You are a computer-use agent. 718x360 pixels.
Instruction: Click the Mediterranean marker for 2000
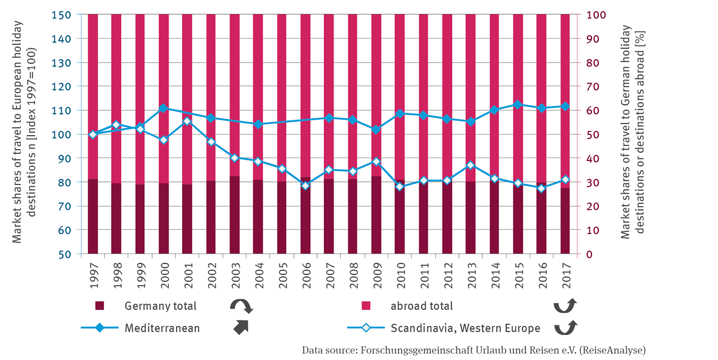coord(164,108)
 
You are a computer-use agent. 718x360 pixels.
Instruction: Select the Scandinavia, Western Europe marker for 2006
coord(305,186)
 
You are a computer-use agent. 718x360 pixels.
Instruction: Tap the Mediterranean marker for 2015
coord(518,105)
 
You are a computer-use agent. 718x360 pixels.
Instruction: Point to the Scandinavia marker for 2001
coord(187,121)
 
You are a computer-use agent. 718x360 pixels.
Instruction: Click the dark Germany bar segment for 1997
coord(93,216)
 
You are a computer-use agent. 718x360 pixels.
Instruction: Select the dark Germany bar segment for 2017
coord(565,221)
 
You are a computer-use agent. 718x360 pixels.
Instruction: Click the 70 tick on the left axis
coord(63,206)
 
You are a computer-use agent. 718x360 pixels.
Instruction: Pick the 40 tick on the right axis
coord(593,158)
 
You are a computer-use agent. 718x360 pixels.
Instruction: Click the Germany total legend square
coord(99,306)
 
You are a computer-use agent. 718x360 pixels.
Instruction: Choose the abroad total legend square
coord(366,306)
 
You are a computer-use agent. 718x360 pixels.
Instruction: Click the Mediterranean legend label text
coord(162,328)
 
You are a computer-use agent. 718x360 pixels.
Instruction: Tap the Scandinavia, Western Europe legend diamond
coord(366,328)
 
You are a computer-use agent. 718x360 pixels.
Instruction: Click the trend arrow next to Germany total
coord(241,306)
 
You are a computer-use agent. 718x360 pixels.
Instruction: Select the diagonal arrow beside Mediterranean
coord(241,327)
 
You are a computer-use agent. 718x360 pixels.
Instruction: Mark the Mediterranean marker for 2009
coord(376,130)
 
